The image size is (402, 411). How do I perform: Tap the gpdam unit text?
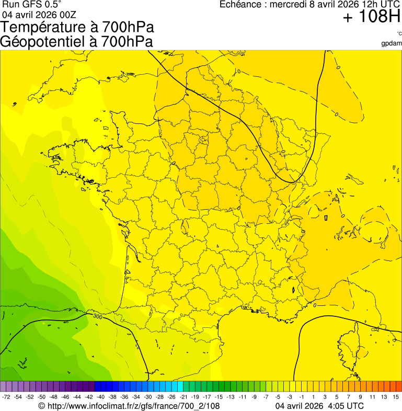pos(392,43)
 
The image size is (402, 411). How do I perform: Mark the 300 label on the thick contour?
pos(97,316)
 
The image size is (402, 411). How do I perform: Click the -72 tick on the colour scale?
pos(6,397)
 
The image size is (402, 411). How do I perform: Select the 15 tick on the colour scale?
pos(396,397)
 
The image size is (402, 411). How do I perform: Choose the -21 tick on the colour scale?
pos(183,397)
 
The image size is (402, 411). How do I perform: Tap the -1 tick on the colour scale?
pos(301,397)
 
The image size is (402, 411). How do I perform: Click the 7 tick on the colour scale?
pos(349,397)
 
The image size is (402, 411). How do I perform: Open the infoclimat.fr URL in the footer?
pos(133,406)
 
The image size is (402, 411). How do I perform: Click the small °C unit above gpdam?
pos(399,34)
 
